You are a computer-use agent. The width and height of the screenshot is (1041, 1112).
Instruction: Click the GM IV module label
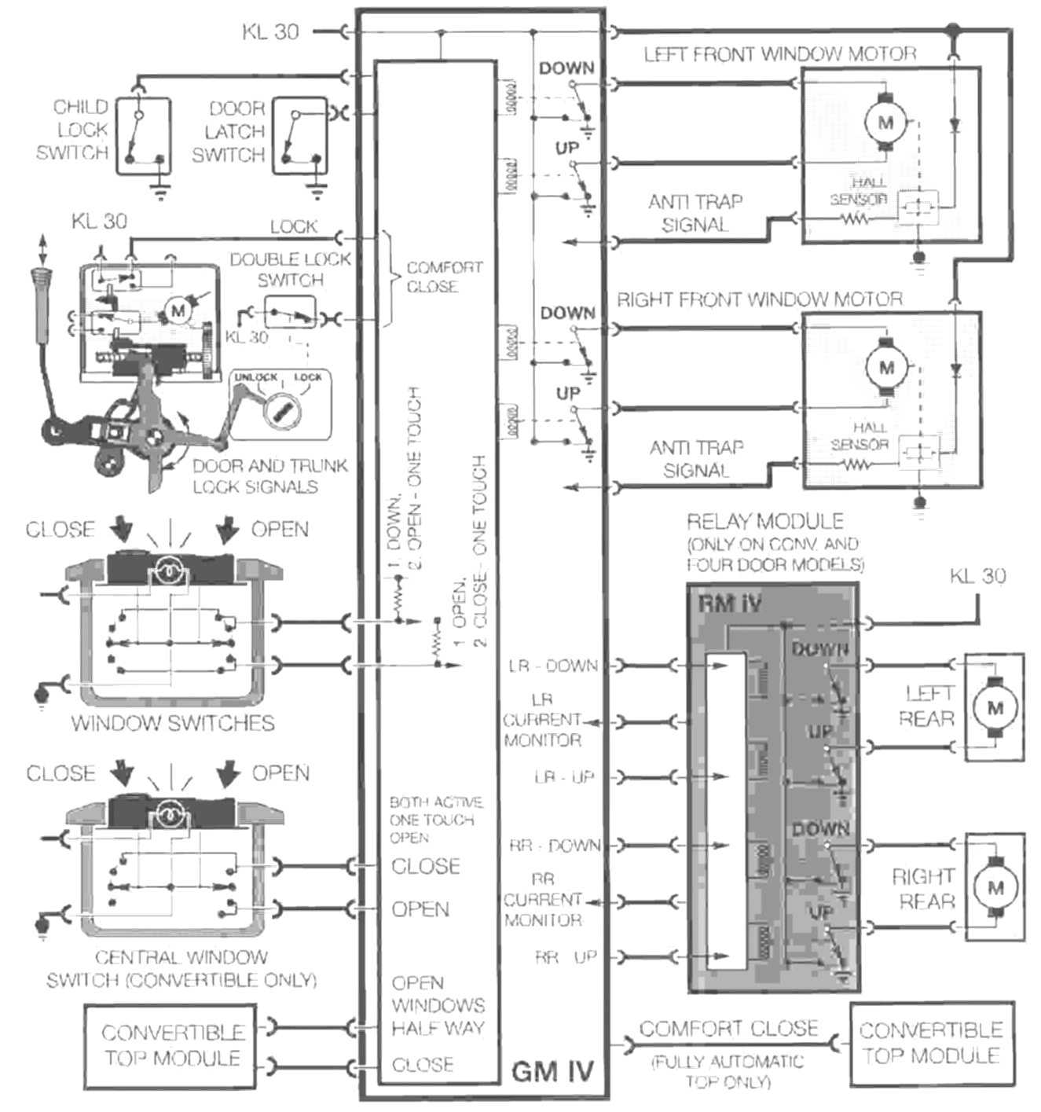click(552, 1071)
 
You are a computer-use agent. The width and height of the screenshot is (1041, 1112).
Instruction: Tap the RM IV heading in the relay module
click(729, 604)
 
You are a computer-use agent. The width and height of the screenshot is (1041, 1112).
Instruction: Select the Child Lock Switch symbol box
click(143, 135)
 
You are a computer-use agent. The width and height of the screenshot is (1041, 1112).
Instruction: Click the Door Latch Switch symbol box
click(299, 135)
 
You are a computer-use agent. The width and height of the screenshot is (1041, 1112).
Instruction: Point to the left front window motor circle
click(885, 122)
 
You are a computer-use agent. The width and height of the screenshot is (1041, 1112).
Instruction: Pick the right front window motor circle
click(886, 366)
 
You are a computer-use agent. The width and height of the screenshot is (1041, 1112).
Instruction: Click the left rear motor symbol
click(995, 706)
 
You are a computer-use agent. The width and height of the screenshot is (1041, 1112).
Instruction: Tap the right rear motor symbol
click(995, 888)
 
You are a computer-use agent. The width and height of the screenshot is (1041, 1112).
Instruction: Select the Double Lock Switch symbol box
click(289, 313)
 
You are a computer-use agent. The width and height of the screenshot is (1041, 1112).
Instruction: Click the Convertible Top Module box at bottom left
click(173, 1044)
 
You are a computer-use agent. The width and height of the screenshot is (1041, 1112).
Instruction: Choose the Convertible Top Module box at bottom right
click(931, 1042)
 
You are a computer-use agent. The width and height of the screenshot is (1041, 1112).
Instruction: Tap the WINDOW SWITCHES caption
click(173, 723)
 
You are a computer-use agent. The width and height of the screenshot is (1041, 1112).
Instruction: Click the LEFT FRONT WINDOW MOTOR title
click(780, 54)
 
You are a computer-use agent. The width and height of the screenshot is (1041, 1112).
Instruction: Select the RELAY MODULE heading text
click(765, 521)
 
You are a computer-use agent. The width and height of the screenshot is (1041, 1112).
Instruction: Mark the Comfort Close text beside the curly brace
click(444, 277)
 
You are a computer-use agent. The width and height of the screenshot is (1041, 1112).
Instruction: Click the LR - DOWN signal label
click(553, 666)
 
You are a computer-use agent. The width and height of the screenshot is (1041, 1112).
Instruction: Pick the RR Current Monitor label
click(543, 899)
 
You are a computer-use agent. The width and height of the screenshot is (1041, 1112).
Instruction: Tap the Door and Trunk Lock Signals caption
click(269, 476)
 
